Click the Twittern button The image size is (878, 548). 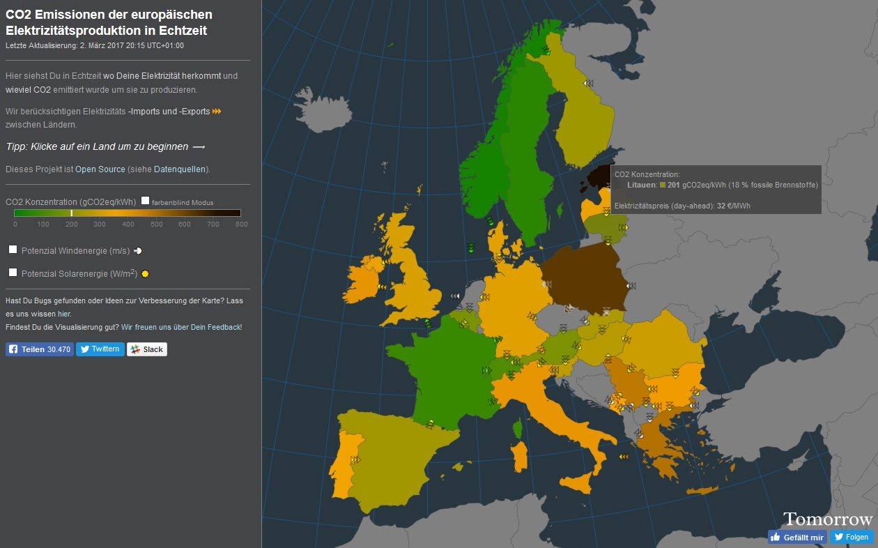tap(100, 349)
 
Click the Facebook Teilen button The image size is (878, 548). tap(40, 349)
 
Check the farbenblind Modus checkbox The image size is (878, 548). tap(145, 201)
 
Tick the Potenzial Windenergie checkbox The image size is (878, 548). tap(13, 250)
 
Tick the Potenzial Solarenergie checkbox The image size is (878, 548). tap(13, 273)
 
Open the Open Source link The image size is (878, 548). tap(100, 169)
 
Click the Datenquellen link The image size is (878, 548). tap(180, 169)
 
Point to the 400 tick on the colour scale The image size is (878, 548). tap(128, 224)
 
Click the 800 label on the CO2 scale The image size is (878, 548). tap(241, 224)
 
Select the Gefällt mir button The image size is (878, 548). tap(797, 537)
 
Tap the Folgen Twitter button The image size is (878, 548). tap(851, 537)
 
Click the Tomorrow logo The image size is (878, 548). tap(828, 519)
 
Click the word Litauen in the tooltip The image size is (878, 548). tap(642, 185)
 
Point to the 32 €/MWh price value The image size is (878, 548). tap(734, 206)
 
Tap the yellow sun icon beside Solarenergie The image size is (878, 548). tap(145, 274)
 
